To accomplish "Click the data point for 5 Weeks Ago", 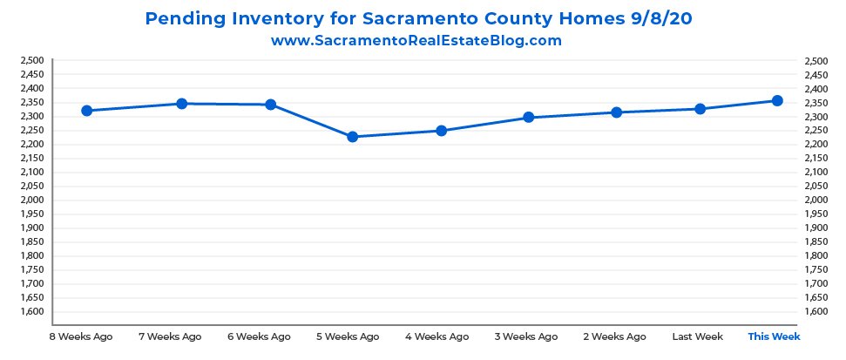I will [x=353, y=137].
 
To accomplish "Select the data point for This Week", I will [x=777, y=101].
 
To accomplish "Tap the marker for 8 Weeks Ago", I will [x=87, y=111].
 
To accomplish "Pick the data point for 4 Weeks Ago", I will [x=441, y=131].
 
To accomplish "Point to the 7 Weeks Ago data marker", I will [x=182, y=104].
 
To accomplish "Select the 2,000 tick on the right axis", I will [x=817, y=200].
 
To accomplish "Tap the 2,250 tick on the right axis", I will [x=817, y=131].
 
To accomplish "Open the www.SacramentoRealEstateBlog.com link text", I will [x=416, y=40].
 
